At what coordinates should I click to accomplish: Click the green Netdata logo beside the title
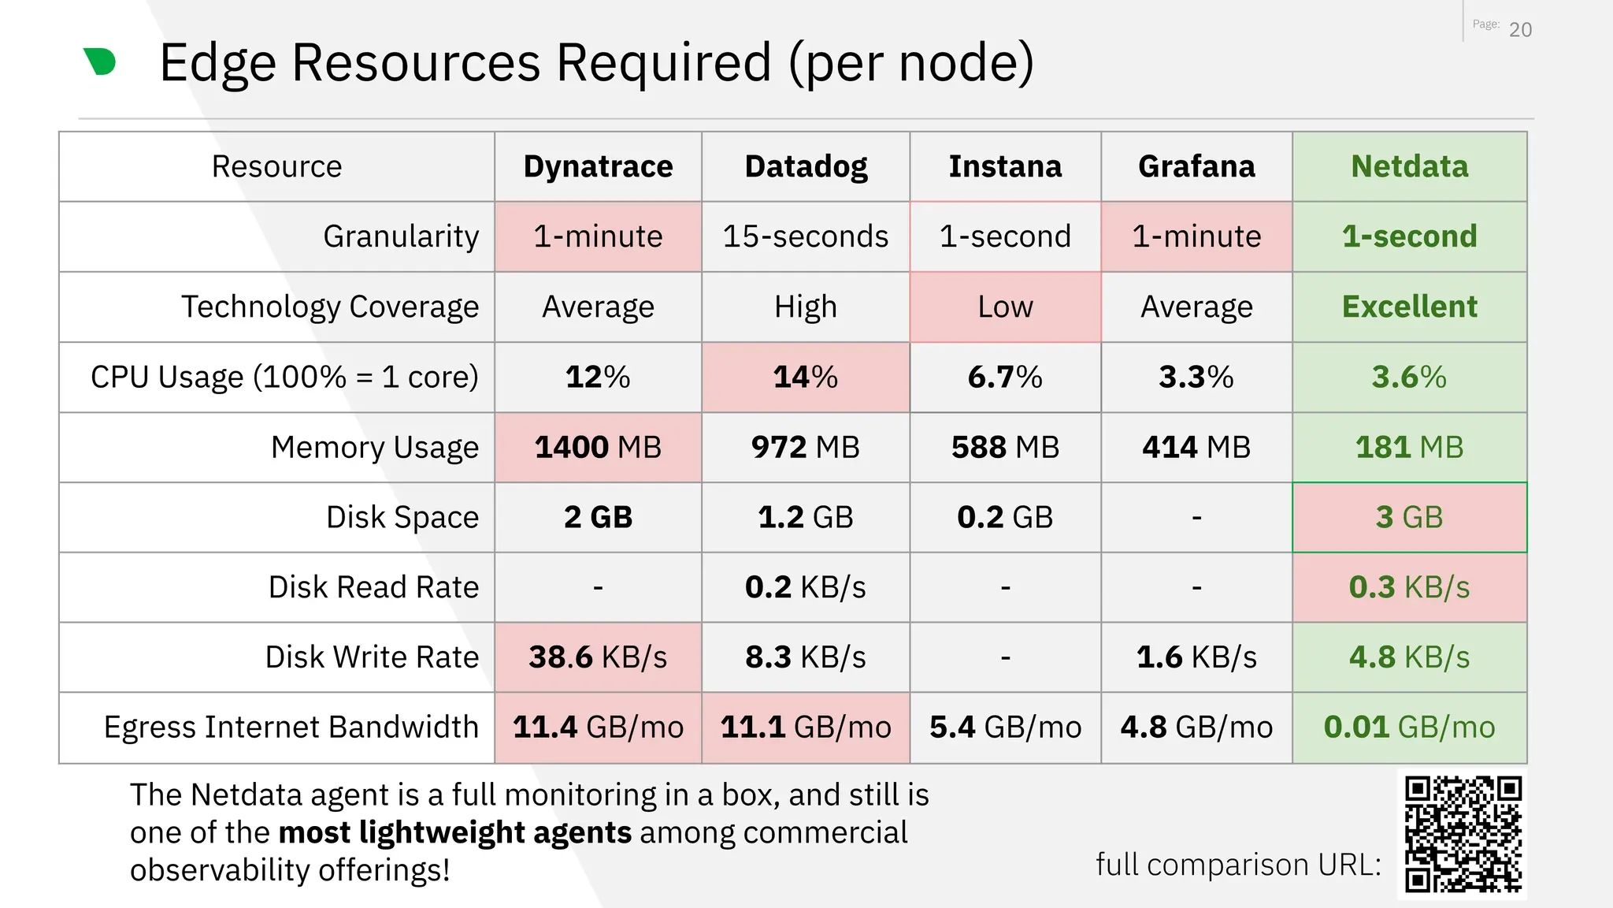pyautogui.click(x=100, y=61)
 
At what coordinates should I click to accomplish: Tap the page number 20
pyautogui.click(x=1520, y=30)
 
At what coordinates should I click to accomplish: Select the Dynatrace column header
pyautogui.click(x=598, y=167)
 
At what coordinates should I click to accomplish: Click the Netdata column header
pyautogui.click(x=1409, y=167)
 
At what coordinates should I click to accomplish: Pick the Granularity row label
pyautogui.click(x=401, y=236)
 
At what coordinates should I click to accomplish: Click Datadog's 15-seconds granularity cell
pyautogui.click(x=805, y=236)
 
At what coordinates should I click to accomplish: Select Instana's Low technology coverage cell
pyautogui.click(x=1005, y=307)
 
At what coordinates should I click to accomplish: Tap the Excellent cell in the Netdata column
pyautogui.click(x=1409, y=307)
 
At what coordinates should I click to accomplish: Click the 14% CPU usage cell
pyautogui.click(x=805, y=377)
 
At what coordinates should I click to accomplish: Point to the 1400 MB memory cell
pyautogui.click(x=598, y=447)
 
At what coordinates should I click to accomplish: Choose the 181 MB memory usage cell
pyautogui.click(x=1409, y=447)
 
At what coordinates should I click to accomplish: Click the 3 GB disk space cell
pyautogui.click(x=1409, y=517)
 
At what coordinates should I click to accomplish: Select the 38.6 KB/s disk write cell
pyautogui.click(x=598, y=657)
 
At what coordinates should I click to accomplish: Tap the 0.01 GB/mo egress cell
pyautogui.click(x=1409, y=727)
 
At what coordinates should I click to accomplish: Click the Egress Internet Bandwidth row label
pyautogui.click(x=291, y=727)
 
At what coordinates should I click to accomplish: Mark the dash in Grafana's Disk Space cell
pyautogui.click(x=1196, y=518)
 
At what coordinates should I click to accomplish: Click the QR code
pyautogui.click(x=1463, y=834)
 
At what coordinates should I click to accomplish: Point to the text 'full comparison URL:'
pyautogui.click(x=1238, y=865)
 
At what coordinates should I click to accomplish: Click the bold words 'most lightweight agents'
pyautogui.click(x=454, y=832)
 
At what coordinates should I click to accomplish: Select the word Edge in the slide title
pyautogui.click(x=217, y=63)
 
